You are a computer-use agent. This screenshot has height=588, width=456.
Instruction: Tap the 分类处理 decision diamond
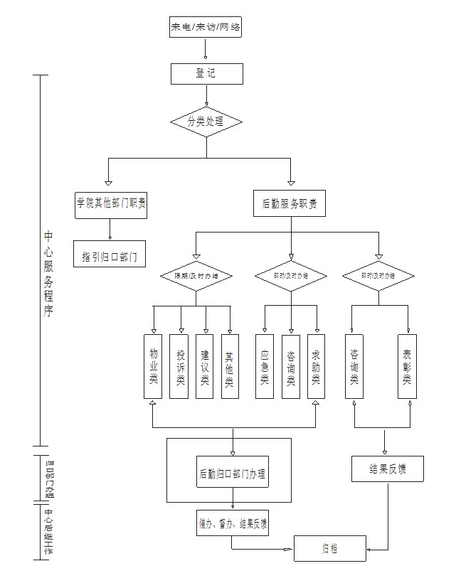pos(206,122)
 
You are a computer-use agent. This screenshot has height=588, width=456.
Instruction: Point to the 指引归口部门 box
pos(110,254)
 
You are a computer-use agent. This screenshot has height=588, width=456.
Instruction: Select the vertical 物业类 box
pos(153,366)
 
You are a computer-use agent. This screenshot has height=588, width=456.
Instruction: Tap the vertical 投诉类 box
pos(179,366)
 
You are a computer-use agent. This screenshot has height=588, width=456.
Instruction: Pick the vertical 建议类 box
pos(204,366)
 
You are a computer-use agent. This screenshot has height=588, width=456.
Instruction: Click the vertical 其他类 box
pos(229,366)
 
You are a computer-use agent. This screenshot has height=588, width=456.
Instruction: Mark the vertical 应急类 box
pos(265,366)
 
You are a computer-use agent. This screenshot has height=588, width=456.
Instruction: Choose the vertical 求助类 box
pos(316,366)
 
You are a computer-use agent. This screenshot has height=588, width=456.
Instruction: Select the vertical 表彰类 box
pos(407,366)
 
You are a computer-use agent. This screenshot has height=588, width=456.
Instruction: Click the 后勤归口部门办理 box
pos(232,474)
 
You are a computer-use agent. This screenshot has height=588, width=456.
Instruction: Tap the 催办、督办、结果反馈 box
pos(232,525)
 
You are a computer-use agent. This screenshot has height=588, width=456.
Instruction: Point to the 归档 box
pos(330,547)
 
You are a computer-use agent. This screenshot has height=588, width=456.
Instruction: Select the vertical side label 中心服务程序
pos(48,274)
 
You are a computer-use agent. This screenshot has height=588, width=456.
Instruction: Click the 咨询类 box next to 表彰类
pos(354,366)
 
